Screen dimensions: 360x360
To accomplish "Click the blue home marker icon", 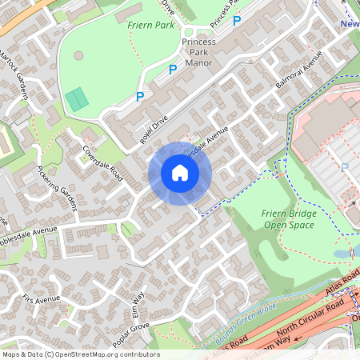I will (180, 173).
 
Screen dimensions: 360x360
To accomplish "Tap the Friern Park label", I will (150, 26).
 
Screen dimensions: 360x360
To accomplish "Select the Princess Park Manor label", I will (198, 50).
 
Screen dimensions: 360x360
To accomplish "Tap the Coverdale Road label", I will (102, 162).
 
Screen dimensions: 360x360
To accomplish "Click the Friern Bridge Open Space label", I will (288, 218).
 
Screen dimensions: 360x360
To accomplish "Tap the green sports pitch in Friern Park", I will (77, 100).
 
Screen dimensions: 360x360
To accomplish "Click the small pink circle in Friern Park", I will (78, 56).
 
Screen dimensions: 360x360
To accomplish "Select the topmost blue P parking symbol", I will (236, 20).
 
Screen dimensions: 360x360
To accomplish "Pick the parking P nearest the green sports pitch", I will (140, 98).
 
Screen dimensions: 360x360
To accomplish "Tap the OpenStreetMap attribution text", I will (80, 354).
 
